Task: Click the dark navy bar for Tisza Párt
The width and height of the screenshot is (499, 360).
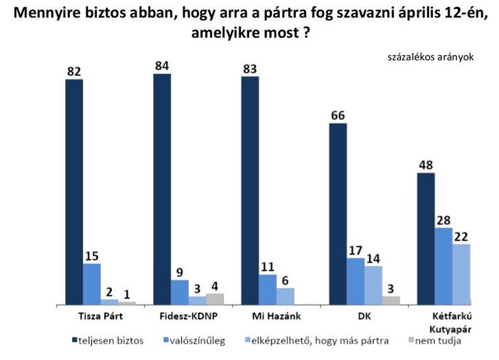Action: pyautogui.click(x=74, y=192)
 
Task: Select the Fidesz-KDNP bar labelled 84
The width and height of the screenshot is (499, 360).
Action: pyautogui.click(x=162, y=189)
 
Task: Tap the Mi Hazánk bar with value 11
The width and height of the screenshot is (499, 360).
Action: pyautogui.click(x=268, y=289)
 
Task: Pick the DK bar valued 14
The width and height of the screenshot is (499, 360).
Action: pyautogui.click(x=373, y=285)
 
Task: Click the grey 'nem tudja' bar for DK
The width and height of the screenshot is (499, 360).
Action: pyautogui.click(x=391, y=300)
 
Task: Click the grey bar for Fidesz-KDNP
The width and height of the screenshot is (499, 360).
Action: pyautogui.click(x=215, y=299)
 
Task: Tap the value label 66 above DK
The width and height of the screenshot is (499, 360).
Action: pyautogui.click(x=338, y=115)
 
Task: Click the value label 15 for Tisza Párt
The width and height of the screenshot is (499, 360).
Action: pyautogui.click(x=92, y=255)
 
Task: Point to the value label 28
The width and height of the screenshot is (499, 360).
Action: pyautogui.click(x=444, y=219)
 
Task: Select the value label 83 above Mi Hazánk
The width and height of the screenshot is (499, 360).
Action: pyautogui.click(x=250, y=68)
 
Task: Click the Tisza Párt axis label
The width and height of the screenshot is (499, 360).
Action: pyautogui.click(x=100, y=316)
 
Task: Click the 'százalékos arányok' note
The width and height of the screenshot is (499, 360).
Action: pyautogui.click(x=431, y=57)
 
